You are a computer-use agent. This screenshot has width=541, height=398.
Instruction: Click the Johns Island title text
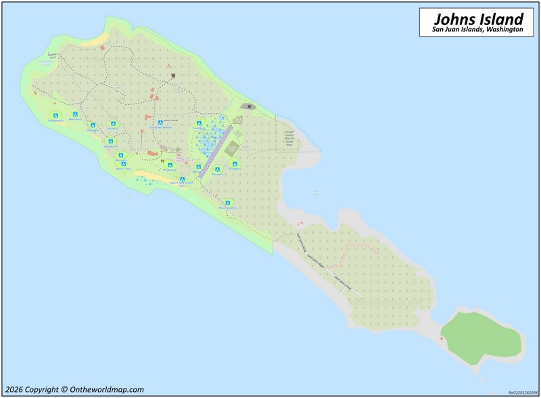(479, 18)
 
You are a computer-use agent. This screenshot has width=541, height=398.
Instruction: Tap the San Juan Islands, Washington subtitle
(479, 30)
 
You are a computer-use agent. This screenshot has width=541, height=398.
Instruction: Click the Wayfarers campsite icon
(75, 115)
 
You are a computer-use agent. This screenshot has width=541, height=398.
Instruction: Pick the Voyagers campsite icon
(92, 125)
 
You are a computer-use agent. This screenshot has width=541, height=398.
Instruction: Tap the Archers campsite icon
(113, 123)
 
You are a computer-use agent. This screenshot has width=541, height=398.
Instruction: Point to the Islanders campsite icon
(199, 123)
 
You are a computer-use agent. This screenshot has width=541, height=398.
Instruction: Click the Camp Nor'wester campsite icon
(161, 123)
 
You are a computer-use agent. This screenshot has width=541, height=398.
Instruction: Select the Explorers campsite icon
(170, 165)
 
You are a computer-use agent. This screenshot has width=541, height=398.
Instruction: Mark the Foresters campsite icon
(235, 164)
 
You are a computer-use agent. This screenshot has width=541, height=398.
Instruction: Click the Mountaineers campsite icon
(228, 202)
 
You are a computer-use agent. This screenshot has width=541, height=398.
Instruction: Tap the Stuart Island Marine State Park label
(289, 139)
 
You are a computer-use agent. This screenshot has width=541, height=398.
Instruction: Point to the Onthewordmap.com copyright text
(74, 389)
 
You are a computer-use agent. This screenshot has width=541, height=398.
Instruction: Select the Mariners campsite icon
(121, 156)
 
